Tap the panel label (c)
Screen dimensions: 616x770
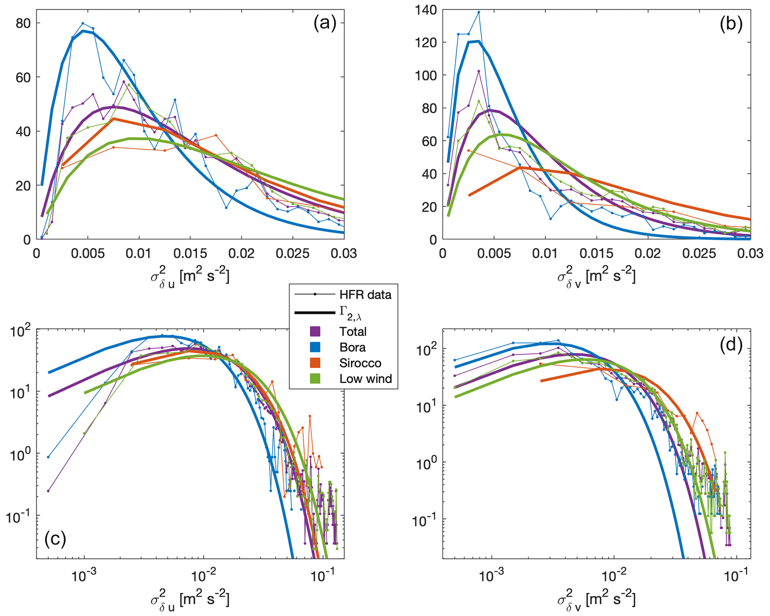[x=55, y=539]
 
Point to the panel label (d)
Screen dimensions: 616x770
[x=731, y=345]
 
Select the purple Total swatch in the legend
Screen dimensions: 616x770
[x=315, y=331]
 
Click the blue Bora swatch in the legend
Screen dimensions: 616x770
[x=315, y=347]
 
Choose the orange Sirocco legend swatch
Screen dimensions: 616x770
[x=315, y=363]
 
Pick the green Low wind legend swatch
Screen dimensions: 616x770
[x=315, y=379]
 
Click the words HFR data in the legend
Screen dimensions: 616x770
[x=365, y=295]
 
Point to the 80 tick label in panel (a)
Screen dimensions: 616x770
[x=23, y=23]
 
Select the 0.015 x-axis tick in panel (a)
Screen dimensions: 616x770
[x=190, y=253]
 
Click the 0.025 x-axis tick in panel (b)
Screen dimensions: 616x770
[x=699, y=253]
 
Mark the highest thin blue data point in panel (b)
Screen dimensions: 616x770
[x=479, y=12]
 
